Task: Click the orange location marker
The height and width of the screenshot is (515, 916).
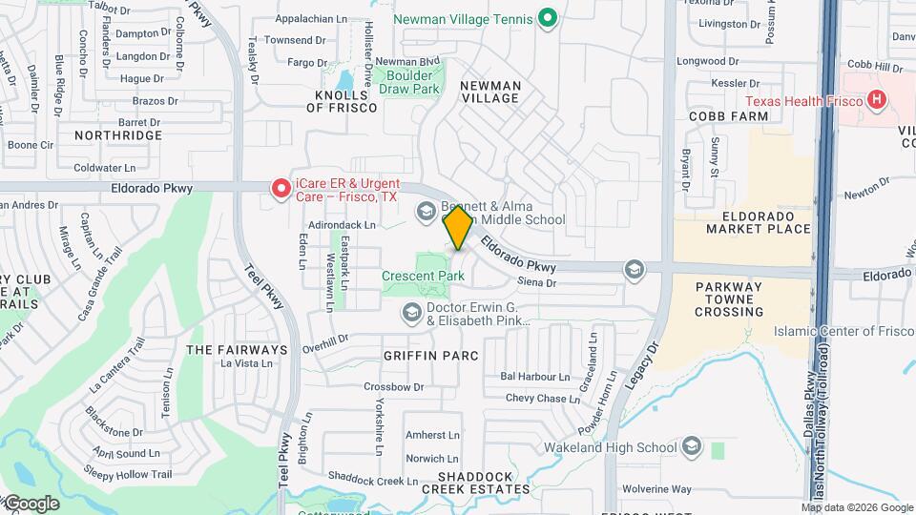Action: click(459, 227)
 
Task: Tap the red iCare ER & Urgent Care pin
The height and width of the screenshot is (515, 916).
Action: click(281, 188)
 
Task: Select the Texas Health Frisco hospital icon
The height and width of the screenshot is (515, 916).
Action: click(874, 100)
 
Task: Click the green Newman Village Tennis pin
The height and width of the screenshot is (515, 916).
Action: click(547, 17)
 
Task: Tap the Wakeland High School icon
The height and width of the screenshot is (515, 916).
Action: click(691, 446)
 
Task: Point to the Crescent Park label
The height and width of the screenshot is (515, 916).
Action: click(423, 277)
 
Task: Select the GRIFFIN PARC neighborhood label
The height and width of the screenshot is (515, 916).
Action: click(429, 355)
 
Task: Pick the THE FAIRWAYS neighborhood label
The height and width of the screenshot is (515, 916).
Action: click(237, 350)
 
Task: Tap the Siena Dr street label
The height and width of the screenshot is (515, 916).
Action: click(537, 282)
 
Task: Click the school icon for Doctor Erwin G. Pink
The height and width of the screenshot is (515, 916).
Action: click(411, 312)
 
